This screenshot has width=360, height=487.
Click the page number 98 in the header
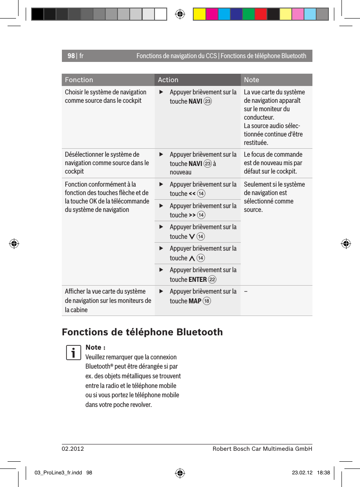point(71,56)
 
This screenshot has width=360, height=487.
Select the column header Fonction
point(79,80)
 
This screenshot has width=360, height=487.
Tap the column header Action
point(168,80)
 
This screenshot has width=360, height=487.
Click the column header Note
point(251,80)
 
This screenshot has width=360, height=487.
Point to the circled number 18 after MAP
point(207,301)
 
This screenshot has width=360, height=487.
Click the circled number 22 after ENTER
point(212,280)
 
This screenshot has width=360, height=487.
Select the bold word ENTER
point(197,280)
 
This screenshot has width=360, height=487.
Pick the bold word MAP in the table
point(195,301)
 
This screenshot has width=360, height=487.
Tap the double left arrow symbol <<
point(192,194)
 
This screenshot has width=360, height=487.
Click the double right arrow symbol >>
point(192,215)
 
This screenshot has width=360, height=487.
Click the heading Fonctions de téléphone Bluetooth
point(142,332)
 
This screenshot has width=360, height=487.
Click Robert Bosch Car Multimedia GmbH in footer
point(262,449)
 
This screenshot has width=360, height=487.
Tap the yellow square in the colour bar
point(199,14)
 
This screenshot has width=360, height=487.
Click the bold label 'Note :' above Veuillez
point(95,347)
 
